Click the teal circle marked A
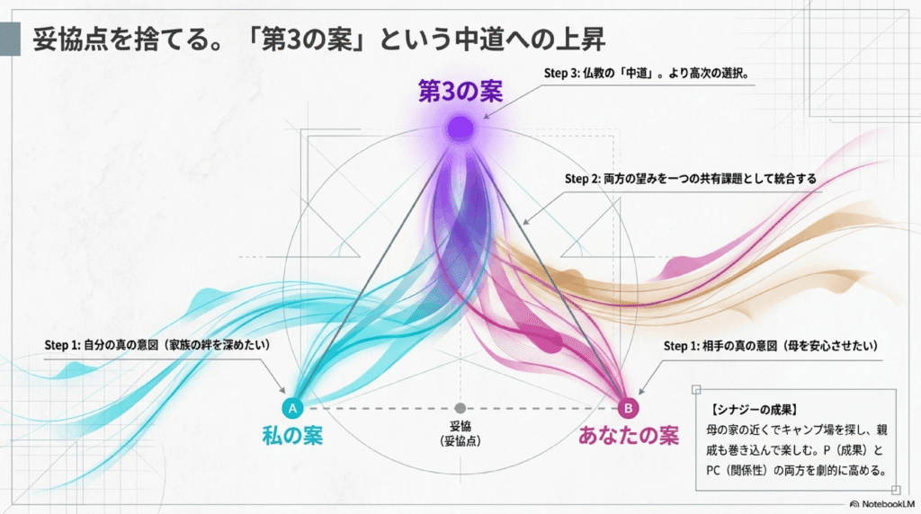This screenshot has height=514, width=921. [292, 408]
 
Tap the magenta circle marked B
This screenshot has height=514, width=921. [628, 408]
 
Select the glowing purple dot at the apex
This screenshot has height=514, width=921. [460, 128]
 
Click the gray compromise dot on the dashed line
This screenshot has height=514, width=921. [460, 408]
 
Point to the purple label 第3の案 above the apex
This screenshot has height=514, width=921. [460, 92]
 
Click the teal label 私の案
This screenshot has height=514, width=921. [292, 436]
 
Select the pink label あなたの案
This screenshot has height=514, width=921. [629, 436]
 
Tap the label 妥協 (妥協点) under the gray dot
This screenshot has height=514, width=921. [460, 434]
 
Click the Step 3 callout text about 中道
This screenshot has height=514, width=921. [647, 74]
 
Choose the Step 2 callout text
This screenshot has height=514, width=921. [691, 179]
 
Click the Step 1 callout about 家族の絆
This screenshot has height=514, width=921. [157, 344]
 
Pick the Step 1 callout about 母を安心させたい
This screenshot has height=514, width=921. [771, 346]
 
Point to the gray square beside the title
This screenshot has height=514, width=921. [10, 40]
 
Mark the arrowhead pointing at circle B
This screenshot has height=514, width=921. [640, 391]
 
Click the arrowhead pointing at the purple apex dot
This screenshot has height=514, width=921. [487, 116]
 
